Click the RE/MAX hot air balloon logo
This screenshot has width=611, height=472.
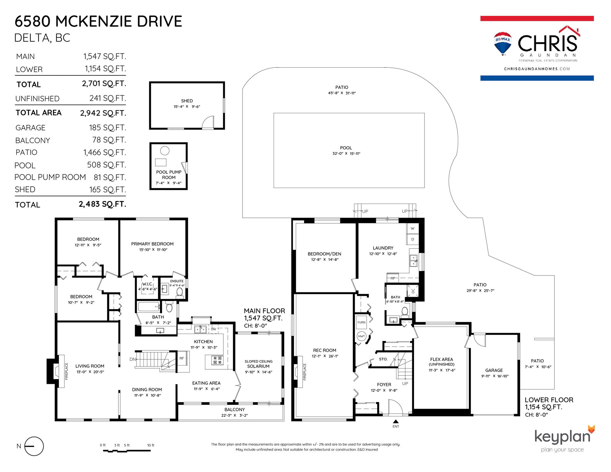[x=503, y=44]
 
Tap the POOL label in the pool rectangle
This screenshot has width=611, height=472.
[x=346, y=148]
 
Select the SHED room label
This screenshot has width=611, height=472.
[x=187, y=101]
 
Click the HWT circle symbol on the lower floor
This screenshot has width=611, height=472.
[x=362, y=336]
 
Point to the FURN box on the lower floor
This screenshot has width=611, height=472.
[x=361, y=323]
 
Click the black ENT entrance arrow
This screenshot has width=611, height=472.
[x=396, y=422]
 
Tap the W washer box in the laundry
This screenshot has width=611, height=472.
[x=412, y=228]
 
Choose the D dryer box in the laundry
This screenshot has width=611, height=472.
[x=412, y=239]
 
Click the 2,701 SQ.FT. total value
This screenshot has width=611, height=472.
[x=104, y=84]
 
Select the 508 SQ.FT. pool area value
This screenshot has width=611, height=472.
[x=107, y=165]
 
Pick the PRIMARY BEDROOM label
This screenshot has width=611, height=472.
[x=152, y=244]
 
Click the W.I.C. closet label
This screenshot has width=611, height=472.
[x=147, y=284]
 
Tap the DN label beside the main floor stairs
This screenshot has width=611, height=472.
[x=133, y=359]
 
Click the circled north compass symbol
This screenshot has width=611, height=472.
[x=34, y=446]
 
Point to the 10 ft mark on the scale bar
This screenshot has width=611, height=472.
[x=151, y=445]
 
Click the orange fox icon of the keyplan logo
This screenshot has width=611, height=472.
[x=591, y=429]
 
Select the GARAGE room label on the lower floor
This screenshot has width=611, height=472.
[x=494, y=370]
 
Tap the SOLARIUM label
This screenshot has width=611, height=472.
[x=258, y=366]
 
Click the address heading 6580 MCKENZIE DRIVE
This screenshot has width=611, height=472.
[x=98, y=21]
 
